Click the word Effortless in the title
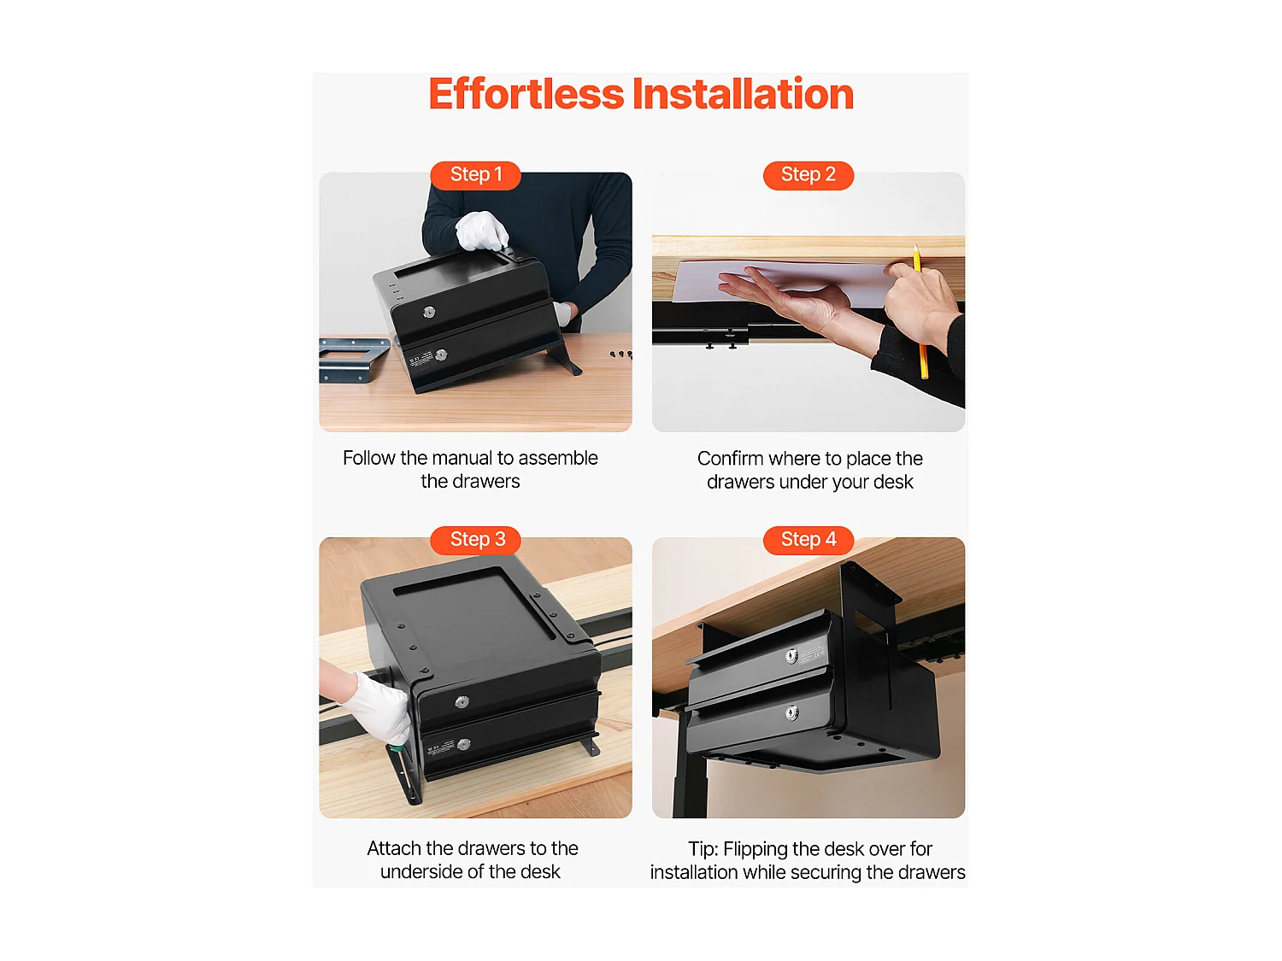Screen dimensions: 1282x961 coord(526,94)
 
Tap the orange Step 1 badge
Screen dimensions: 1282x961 coord(475,175)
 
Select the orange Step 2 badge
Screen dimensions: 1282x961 coord(809,175)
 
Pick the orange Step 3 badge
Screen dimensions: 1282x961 coord(475,540)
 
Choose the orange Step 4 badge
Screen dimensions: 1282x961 coord(809,540)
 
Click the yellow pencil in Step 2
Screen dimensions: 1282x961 coord(920,312)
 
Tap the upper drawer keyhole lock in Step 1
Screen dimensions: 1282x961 coord(429,312)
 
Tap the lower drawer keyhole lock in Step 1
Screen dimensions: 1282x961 coord(442,355)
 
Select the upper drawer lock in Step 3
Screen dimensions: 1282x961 coord(462,702)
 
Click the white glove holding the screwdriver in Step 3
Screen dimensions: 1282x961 coord(379,707)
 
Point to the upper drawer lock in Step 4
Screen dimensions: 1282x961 coord(791,657)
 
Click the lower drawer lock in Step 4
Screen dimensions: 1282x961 coord(791,712)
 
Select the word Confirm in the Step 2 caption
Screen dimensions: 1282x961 coord(730,459)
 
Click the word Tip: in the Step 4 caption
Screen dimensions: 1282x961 coord(703,849)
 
